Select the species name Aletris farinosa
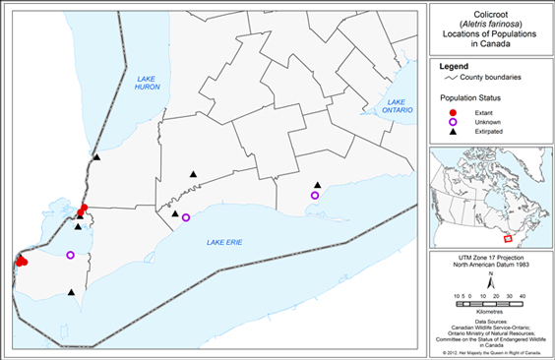pos(488,25)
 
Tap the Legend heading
pos(456,66)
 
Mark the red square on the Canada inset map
pos(508,238)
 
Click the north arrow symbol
pos(488,280)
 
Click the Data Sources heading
pos(488,322)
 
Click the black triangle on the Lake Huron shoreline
pos(96,156)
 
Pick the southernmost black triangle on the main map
pos(72,291)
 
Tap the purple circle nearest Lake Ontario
pos(315,196)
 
